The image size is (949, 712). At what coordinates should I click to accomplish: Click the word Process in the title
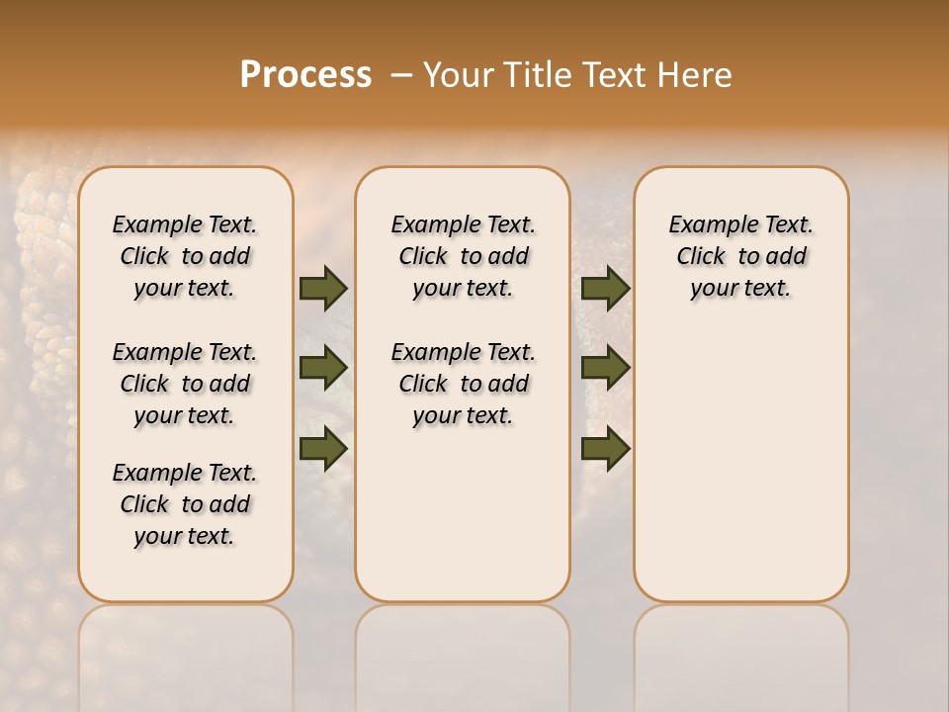[305, 75]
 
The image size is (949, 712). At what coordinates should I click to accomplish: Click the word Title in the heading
[535, 75]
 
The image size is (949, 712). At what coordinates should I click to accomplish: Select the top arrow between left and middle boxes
[323, 289]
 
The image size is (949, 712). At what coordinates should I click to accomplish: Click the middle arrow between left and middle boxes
[323, 368]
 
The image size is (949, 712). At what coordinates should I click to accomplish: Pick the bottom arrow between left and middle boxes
[323, 448]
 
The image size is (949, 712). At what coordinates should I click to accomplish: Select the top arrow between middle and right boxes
[605, 289]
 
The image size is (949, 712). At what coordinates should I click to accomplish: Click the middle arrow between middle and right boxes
[605, 368]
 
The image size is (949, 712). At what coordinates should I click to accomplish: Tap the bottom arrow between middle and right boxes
[605, 448]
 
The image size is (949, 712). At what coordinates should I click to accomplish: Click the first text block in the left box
[185, 256]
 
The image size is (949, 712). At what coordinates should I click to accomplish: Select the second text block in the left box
[185, 384]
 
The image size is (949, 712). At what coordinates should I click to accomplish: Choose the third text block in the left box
[185, 504]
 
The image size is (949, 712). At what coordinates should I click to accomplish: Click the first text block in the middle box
[463, 256]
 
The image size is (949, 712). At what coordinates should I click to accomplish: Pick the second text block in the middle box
[463, 384]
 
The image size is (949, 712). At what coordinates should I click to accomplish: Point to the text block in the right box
[741, 256]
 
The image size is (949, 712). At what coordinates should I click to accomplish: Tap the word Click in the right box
[701, 257]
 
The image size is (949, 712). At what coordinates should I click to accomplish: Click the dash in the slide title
[401, 75]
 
